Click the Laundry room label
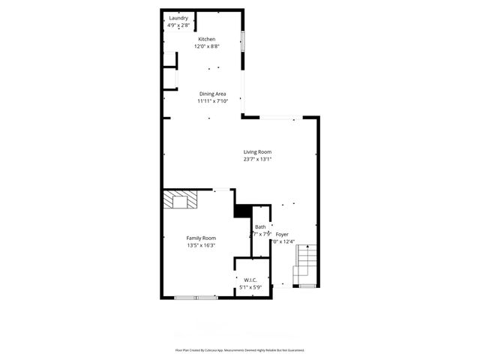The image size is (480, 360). (x=178, y=18)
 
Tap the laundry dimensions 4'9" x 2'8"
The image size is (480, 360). (x=178, y=25)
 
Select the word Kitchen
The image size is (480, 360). (x=206, y=39)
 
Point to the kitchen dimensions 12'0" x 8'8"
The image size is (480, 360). (x=206, y=46)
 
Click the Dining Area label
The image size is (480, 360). (x=212, y=94)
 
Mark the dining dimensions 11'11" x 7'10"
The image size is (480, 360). (x=212, y=101)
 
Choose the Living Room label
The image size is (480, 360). (x=256, y=151)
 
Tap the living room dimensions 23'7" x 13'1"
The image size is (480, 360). (x=256, y=159)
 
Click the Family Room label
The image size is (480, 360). (x=201, y=238)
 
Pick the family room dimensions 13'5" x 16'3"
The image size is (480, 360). (x=201, y=245)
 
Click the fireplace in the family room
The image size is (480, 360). (x=181, y=200)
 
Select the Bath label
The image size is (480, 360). (x=259, y=226)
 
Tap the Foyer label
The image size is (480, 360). (x=282, y=234)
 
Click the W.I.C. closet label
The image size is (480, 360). (x=250, y=280)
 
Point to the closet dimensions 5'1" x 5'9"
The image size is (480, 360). (x=250, y=287)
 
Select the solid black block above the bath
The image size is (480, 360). (x=242, y=211)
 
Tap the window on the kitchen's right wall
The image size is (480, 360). (x=243, y=42)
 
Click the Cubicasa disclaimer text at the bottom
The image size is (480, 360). (x=240, y=350)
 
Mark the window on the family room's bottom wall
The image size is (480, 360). (x=196, y=298)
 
